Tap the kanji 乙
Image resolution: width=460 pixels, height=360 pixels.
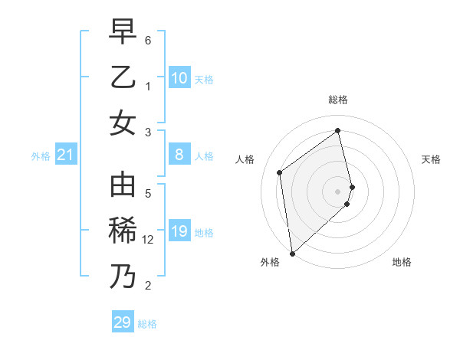click(x=123, y=77)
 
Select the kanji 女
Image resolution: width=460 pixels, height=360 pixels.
click(x=123, y=123)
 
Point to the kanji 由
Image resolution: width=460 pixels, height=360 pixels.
click(x=123, y=186)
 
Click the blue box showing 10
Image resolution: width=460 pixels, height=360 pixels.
click(x=179, y=78)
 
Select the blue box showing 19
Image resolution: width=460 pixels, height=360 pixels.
click(x=179, y=231)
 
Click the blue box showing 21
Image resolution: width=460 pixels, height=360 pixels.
click(x=66, y=155)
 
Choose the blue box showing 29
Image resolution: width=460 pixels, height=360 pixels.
click(x=122, y=322)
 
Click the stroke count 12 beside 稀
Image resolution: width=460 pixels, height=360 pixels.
click(x=148, y=240)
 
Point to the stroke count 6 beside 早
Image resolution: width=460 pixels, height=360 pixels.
click(x=148, y=39)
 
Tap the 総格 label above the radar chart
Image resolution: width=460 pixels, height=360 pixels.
click(x=338, y=100)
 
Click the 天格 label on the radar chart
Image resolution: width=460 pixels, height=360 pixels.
click(x=431, y=159)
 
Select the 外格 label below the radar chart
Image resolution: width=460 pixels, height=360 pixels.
click(x=270, y=262)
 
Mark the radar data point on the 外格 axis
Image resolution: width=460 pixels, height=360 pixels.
click(x=291, y=253)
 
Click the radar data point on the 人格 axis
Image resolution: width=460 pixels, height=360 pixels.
click(x=280, y=172)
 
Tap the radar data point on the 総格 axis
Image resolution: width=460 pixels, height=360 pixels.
click(x=338, y=130)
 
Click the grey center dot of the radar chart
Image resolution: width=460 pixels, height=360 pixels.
click(x=338, y=191)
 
